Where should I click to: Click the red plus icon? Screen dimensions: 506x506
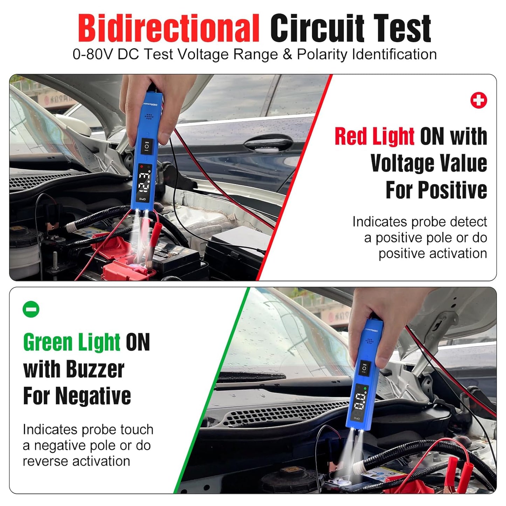478,100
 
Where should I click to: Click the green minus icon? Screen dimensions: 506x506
31,309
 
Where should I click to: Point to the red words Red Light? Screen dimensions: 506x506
374,136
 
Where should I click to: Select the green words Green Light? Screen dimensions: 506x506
72,342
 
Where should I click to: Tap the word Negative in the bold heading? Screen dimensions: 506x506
93,396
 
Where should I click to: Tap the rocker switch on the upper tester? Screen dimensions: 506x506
146,146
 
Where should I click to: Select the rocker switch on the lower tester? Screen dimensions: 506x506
364,368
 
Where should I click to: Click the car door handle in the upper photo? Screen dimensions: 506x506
268,143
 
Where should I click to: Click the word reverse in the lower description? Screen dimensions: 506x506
45,461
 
